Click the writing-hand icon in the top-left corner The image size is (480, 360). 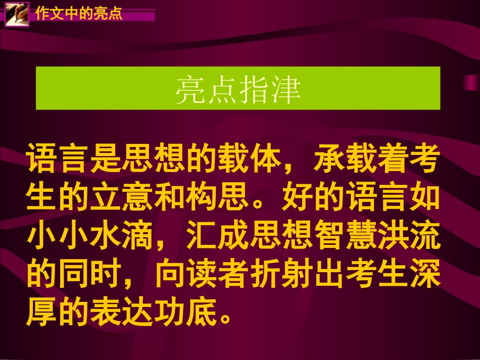pyautogui.click(x=17, y=13)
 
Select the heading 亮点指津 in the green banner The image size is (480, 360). pyautogui.click(x=237, y=90)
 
